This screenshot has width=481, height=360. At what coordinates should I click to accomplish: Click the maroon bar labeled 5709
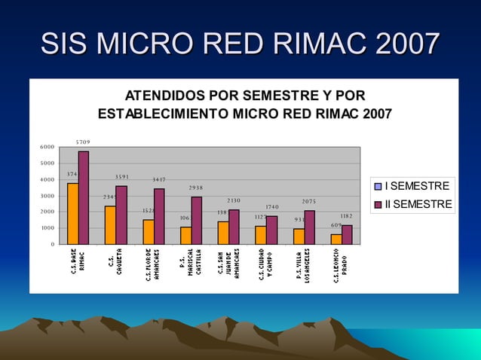click(83, 197)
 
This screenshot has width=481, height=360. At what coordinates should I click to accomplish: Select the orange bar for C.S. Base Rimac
click(72, 213)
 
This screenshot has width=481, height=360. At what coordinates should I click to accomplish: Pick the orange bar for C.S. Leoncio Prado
click(336, 239)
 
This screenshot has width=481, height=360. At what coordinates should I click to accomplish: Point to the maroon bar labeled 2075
click(309, 227)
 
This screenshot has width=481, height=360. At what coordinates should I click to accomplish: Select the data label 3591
click(122, 177)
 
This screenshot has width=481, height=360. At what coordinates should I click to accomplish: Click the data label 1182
click(347, 216)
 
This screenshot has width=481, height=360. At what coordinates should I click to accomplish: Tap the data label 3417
click(159, 180)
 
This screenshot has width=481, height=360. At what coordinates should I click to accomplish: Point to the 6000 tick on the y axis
click(47, 148)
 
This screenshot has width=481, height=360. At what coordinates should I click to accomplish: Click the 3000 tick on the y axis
click(47, 196)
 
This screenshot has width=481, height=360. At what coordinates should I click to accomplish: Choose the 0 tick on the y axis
click(52, 244)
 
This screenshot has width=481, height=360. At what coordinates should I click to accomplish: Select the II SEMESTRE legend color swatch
click(379, 205)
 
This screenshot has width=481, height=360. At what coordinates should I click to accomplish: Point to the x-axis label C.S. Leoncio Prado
click(340, 263)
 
